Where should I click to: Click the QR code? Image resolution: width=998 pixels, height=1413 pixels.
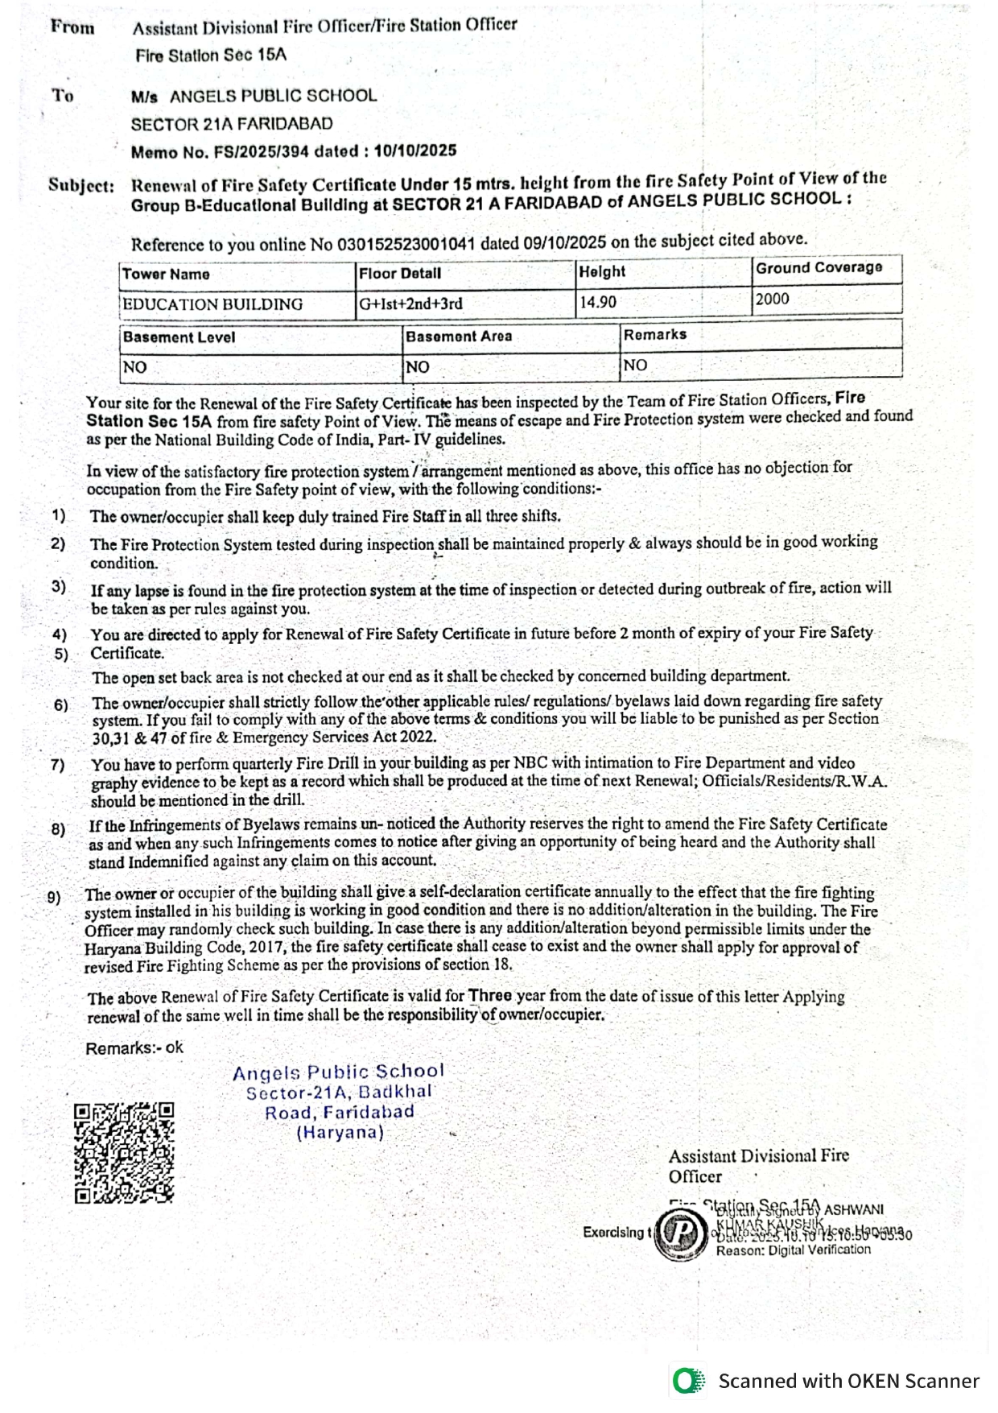(124, 1153)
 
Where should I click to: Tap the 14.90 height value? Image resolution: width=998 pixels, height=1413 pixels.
(598, 303)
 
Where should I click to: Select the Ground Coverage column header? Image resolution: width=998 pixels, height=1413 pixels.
(819, 268)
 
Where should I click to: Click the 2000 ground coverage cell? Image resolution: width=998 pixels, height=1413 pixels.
(773, 300)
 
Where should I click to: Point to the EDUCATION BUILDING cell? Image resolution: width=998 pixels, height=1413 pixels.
(212, 304)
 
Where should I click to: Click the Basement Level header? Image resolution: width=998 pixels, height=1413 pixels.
(179, 337)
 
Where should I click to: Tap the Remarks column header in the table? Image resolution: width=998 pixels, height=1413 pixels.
(655, 335)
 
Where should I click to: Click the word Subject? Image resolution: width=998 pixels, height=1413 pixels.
(80, 185)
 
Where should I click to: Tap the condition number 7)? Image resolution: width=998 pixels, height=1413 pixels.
(57, 765)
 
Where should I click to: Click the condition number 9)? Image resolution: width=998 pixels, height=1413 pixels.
(54, 897)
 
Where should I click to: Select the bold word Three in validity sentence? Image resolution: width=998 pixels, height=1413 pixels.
(490, 996)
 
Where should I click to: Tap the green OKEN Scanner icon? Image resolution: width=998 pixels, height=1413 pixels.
(688, 1382)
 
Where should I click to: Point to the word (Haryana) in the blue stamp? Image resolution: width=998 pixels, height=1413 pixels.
(340, 1133)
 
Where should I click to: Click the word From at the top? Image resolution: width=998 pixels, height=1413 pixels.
(72, 27)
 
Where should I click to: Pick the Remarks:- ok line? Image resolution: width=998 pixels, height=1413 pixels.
(134, 1048)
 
